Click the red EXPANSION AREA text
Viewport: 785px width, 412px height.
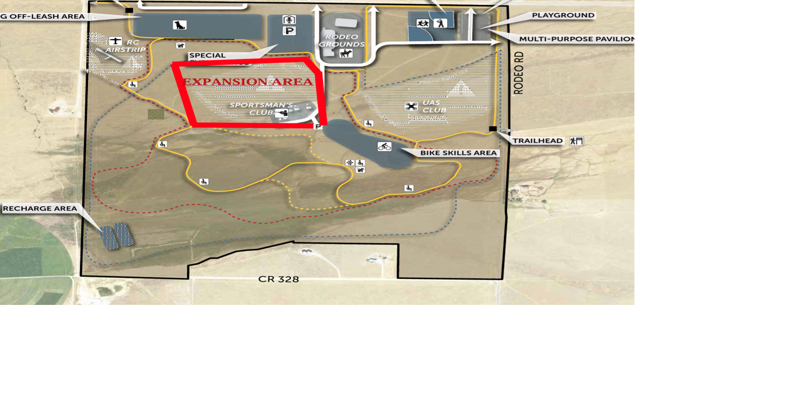click(248, 82)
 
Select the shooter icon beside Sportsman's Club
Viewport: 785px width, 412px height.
click(282, 114)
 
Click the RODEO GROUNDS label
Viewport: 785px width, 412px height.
click(342, 41)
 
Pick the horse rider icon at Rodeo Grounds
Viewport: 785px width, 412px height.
click(346, 54)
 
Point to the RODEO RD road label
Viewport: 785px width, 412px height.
click(519, 73)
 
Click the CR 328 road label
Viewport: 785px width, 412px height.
click(279, 279)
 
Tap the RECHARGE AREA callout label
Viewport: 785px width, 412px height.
click(40, 209)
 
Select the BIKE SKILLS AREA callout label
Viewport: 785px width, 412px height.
click(458, 153)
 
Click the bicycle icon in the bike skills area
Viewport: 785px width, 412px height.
click(385, 147)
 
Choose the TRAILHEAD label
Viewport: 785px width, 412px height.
click(537, 141)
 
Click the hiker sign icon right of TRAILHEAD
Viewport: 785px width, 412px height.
click(576, 141)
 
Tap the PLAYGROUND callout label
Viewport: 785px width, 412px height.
click(563, 15)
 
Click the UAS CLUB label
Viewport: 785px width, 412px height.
click(434, 106)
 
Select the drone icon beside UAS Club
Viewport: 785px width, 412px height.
click(411, 106)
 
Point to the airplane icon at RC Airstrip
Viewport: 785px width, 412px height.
click(116, 41)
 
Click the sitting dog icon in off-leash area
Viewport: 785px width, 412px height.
click(179, 25)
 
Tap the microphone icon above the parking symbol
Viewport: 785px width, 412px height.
click(289, 20)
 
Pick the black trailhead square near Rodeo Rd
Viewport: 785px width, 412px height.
click(493, 129)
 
